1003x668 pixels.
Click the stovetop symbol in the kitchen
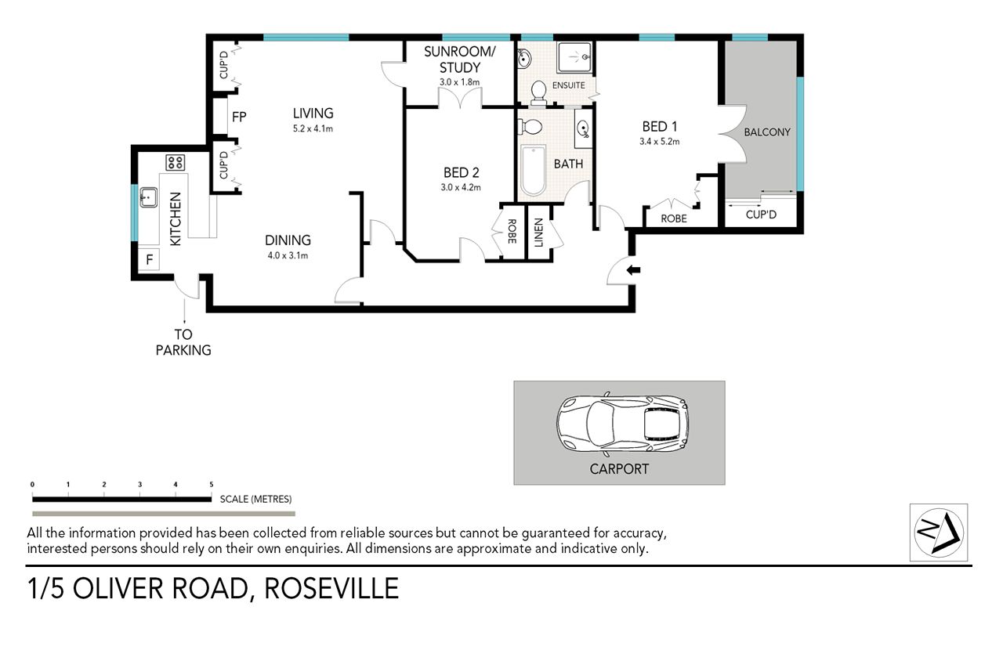175,163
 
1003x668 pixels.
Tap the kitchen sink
149,197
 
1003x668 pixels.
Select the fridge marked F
150,259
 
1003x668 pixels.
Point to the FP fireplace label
239,117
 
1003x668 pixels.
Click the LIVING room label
313,114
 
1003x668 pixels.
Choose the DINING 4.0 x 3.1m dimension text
288,256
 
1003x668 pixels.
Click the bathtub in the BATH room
533,171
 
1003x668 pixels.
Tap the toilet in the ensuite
538,93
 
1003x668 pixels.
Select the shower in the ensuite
575,57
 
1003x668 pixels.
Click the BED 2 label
462,173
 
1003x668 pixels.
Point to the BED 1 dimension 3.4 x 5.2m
659,142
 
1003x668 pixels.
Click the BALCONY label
767,132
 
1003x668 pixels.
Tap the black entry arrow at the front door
633,270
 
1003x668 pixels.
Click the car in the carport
622,424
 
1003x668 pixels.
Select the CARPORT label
619,469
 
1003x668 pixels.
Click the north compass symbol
939,533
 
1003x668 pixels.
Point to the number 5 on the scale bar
212,485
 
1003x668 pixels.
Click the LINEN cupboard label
538,233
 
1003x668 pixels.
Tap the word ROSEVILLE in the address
331,589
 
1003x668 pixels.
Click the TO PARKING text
183,342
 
